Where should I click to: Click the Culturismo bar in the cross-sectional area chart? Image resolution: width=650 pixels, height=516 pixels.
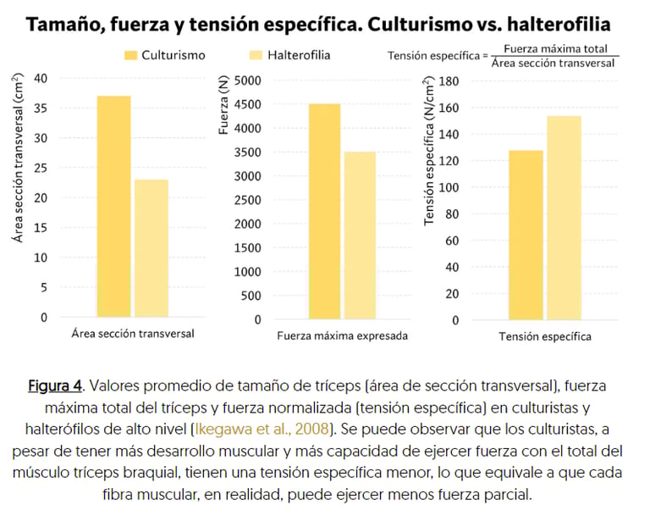point(114,207)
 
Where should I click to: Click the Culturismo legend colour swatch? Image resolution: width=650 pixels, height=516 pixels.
point(130,56)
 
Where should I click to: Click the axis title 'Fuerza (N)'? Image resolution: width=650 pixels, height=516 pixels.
point(223,106)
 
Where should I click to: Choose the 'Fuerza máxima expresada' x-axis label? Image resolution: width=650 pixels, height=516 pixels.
point(342,336)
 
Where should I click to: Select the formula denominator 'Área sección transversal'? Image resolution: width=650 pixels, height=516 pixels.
point(554,64)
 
